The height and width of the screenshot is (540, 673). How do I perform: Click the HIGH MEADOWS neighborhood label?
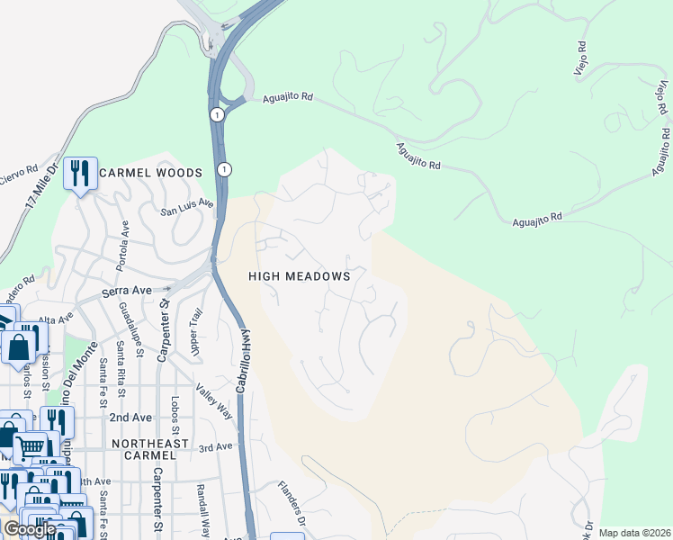(300, 277)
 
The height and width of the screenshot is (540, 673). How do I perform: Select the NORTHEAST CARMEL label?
(149, 450)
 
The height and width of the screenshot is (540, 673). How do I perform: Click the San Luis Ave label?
(187, 208)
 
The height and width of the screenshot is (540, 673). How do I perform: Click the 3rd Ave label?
(217, 447)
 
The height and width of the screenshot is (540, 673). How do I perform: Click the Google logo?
(30, 529)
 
